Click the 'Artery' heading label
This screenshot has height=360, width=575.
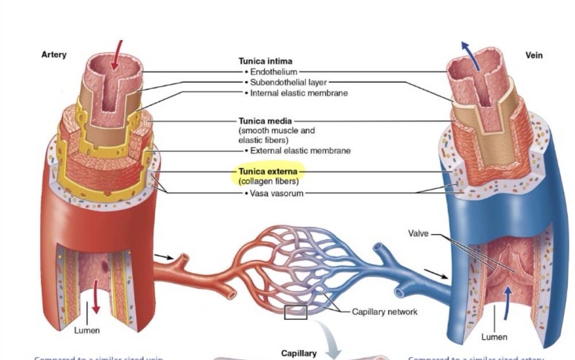tap(54, 55)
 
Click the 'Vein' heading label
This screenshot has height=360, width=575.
tap(534, 55)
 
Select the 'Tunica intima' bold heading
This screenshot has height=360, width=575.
tap(265, 61)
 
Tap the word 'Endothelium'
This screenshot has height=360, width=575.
tap(273, 72)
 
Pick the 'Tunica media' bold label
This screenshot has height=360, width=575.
tap(265, 121)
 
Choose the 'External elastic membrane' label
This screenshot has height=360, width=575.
tap(300, 150)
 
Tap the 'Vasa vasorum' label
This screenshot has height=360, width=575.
tap(275, 193)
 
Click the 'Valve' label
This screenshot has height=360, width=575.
tap(418, 233)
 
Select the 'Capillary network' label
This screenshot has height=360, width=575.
tap(384, 312)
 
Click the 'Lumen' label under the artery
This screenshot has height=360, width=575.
tap(87, 330)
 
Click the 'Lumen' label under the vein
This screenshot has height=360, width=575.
tap(494, 336)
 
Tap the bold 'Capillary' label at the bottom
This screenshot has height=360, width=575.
tap(299, 353)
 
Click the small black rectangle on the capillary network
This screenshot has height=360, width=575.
tap(295, 313)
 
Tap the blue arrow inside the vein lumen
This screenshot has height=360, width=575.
tap(507, 298)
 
